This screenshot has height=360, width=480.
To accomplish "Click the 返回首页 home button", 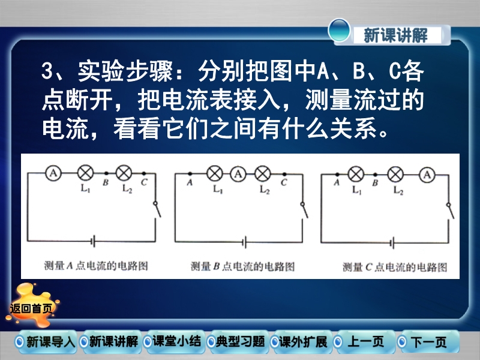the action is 31,307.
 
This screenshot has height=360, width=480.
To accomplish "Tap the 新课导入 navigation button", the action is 46,341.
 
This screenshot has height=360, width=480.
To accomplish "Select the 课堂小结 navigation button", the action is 173,341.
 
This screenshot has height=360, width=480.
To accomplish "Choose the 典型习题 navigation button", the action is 237,341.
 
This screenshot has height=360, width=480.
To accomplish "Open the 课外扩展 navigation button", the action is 301,341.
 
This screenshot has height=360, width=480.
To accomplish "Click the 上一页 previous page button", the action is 364,341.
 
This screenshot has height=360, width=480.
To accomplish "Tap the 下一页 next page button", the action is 427,341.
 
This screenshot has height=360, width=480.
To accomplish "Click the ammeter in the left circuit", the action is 53,173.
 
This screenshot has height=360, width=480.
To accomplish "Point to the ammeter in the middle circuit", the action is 238,174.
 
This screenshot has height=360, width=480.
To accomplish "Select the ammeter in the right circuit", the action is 427,175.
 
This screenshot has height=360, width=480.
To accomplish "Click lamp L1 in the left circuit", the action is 85,173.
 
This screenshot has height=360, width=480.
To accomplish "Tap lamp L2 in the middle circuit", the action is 263,174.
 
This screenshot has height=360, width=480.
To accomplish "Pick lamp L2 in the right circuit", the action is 395,175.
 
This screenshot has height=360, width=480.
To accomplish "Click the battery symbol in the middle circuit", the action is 244,242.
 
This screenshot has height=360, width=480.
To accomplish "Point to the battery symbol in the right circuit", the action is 392,243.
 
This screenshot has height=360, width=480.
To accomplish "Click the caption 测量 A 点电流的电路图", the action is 96,265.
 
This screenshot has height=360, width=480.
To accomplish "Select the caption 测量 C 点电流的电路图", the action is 395,267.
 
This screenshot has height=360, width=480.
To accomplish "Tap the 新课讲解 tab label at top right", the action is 395,35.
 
